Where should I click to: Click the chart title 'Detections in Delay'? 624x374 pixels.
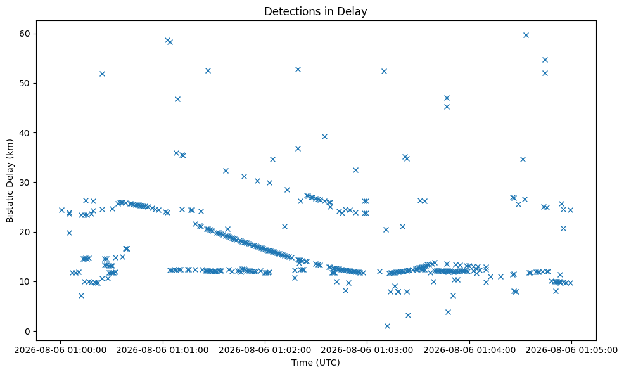[315, 11]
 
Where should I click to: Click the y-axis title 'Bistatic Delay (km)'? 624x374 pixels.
[10, 181]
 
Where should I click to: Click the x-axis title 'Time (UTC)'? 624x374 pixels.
[315, 363]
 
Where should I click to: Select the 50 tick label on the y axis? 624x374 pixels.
[25, 83]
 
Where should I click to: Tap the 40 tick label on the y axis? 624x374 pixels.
[25, 133]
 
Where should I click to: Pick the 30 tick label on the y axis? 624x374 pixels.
[25, 183]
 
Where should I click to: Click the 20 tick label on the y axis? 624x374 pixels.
[25, 232]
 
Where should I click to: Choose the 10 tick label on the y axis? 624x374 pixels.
[25, 281]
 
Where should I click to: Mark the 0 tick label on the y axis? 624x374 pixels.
[28, 332]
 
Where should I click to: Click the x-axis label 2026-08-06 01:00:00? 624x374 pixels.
[60, 351]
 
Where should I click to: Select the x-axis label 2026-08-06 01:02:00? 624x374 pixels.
[265, 351]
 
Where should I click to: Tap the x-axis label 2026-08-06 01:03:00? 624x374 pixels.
[367, 351]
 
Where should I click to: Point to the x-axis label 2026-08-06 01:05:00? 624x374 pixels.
[571, 351]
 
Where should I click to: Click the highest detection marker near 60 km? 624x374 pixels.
[526, 35]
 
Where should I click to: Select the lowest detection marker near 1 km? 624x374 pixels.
[387, 326]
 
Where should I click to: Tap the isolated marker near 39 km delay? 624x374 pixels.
[324, 137]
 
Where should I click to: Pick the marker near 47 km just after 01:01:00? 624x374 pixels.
[177, 99]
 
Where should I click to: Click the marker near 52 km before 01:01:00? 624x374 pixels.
[102, 74]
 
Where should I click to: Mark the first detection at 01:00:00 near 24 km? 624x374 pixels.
[61, 210]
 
